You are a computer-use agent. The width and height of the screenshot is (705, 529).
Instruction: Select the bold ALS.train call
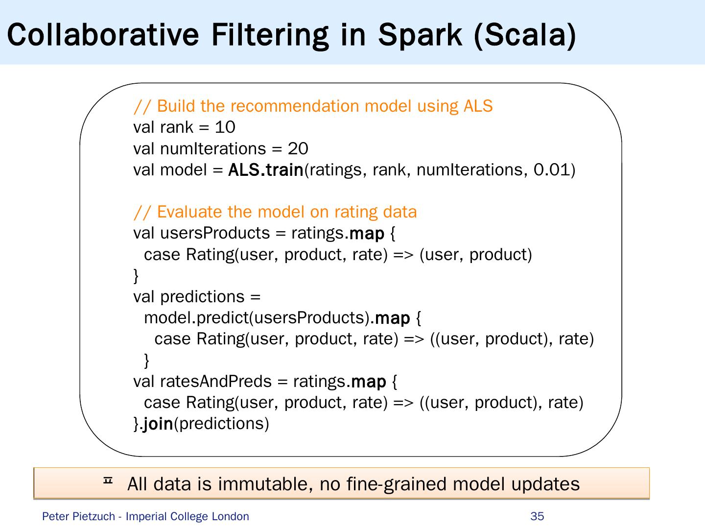pyautogui.click(x=266, y=170)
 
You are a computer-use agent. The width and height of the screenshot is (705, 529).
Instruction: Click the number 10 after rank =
pyautogui.click(x=225, y=127)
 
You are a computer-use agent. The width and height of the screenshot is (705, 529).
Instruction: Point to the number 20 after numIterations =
pyautogui.click(x=298, y=148)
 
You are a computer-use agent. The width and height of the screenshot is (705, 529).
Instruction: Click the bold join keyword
pyautogui.click(x=158, y=424)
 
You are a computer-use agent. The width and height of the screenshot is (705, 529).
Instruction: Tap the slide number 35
pyautogui.click(x=537, y=516)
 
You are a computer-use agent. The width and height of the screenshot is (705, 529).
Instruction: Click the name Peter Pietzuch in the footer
pyautogui.click(x=78, y=516)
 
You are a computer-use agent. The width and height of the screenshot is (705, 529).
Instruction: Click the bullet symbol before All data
pyautogui.click(x=108, y=482)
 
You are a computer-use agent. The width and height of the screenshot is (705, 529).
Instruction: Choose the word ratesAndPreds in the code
pyautogui.click(x=216, y=382)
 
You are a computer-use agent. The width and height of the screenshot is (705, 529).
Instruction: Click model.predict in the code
pyautogui.click(x=196, y=318)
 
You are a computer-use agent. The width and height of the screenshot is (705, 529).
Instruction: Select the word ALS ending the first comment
pyautogui.click(x=478, y=106)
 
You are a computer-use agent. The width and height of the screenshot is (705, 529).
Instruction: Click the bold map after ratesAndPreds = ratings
pyautogui.click(x=369, y=382)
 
